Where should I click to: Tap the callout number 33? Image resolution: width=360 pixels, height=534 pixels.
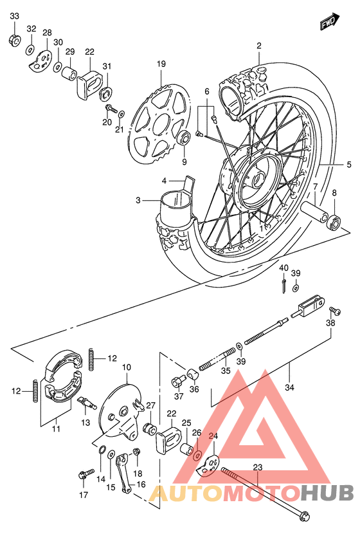(15, 15)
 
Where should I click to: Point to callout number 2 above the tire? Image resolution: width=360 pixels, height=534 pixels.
(259, 46)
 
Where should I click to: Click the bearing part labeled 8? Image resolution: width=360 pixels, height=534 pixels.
(334, 223)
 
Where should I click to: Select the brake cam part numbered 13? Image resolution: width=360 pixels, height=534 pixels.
(86, 403)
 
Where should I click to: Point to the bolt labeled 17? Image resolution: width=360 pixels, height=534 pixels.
(83, 477)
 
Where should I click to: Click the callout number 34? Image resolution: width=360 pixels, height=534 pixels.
(289, 387)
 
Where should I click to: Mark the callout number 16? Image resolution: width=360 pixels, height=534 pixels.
(140, 484)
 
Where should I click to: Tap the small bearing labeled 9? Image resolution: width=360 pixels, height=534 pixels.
(183, 138)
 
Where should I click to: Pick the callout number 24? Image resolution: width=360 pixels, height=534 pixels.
(213, 436)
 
